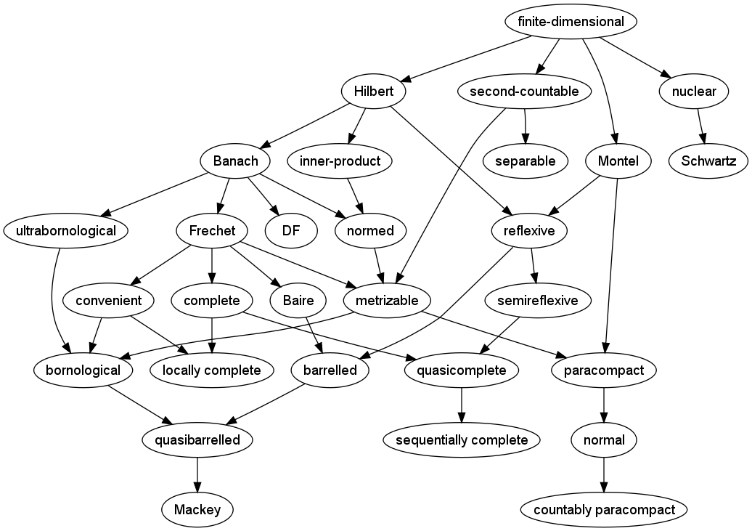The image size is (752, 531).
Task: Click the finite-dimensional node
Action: pos(571,22)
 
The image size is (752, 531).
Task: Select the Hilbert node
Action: pos(373,92)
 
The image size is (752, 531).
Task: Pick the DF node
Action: pos(291,231)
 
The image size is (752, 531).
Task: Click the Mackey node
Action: pos(197,510)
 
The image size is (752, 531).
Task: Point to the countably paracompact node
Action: pos(604,510)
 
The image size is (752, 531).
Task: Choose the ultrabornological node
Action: pos(65,231)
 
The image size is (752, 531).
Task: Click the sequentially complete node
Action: pos(462,440)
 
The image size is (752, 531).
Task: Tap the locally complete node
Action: pos(211,370)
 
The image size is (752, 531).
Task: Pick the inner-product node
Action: pos(340,161)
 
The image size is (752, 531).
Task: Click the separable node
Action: pos(526,161)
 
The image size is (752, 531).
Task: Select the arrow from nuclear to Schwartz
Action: pos(700,126)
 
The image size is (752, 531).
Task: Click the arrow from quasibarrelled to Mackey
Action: pos(197,475)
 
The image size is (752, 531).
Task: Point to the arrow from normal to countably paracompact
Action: pos(604,475)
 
